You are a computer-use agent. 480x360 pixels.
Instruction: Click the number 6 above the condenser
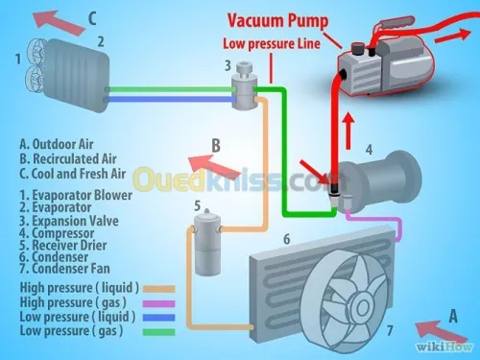(x=284, y=239)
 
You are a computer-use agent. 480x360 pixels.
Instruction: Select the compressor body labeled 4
(x=375, y=177)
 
